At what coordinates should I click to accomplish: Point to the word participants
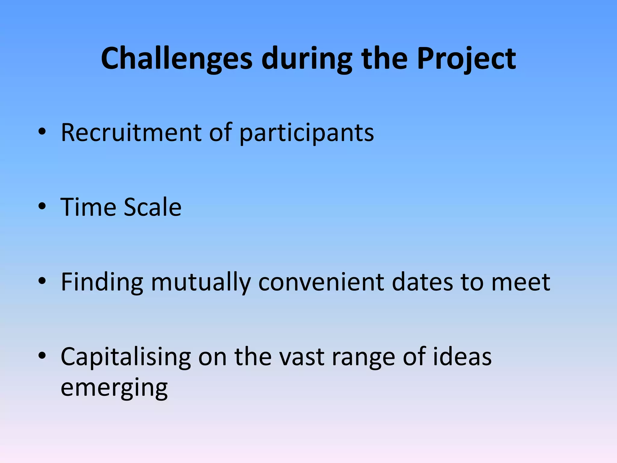point(307,133)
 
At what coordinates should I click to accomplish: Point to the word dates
point(422,282)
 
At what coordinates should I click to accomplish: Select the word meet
point(521,282)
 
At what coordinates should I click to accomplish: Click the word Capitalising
point(126,357)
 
